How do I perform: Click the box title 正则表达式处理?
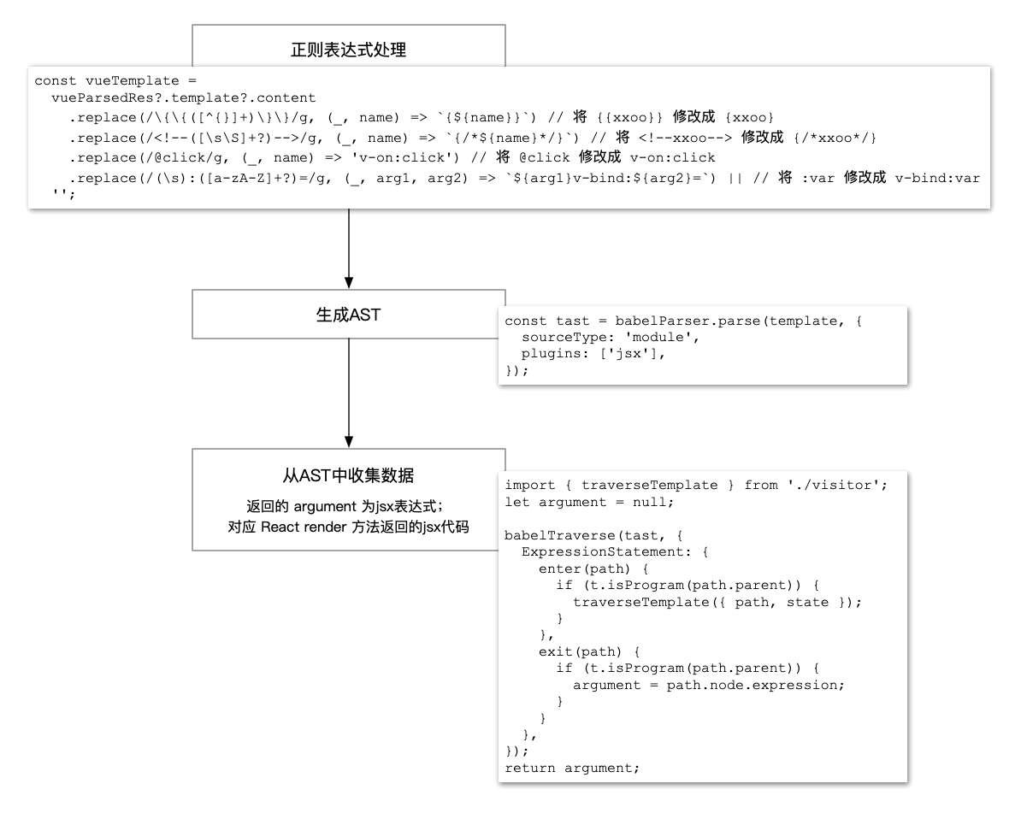(x=348, y=50)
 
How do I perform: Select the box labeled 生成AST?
(x=348, y=314)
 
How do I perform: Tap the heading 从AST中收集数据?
(x=348, y=475)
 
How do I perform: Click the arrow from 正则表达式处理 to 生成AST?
(x=349, y=248)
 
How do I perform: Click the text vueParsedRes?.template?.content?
(x=184, y=98)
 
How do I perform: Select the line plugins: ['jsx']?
(x=593, y=354)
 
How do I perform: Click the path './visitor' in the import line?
(x=838, y=486)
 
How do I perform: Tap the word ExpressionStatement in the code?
(x=603, y=552)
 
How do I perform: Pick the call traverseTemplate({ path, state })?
(x=717, y=602)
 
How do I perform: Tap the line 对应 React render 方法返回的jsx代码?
(x=348, y=527)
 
